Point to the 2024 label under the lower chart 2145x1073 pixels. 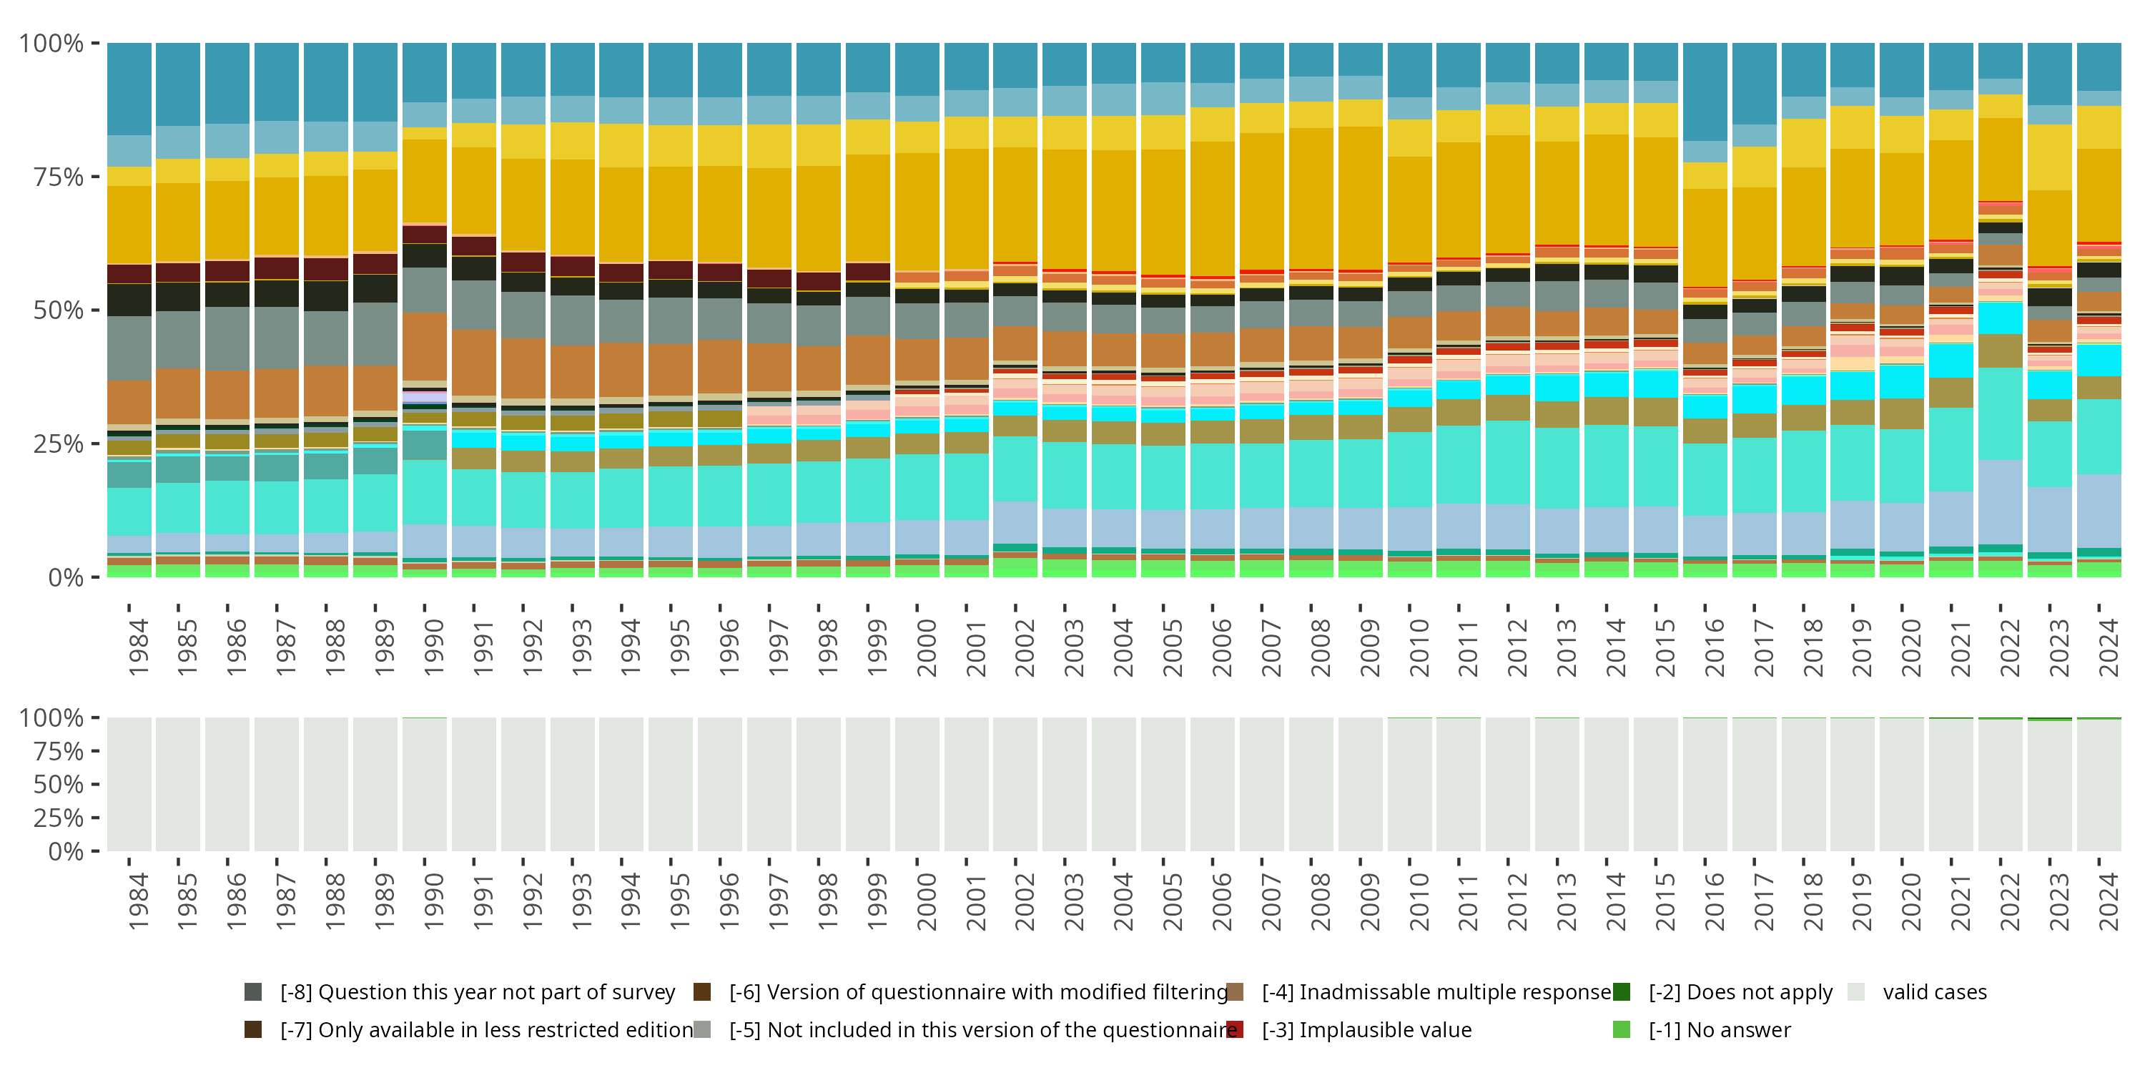[2109, 901]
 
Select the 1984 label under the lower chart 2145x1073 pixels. [139, 901]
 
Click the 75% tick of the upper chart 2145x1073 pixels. [57, 177]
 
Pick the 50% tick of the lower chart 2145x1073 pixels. [57, 785]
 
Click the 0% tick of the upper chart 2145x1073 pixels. [65, 577]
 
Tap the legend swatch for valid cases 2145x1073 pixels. [1856, 992]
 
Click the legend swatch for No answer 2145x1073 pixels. [1621, 1029]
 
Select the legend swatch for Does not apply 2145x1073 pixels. [1621, 992]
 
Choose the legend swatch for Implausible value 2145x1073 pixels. [1235, 1029]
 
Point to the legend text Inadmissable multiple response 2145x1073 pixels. [1436, 992]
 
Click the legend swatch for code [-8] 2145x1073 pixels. [253, 992]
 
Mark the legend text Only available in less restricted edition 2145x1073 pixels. [486, 1029]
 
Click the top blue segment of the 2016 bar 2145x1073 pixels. [1705, 92]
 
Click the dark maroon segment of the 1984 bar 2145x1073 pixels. [129, 274]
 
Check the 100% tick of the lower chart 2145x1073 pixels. [51, 718]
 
